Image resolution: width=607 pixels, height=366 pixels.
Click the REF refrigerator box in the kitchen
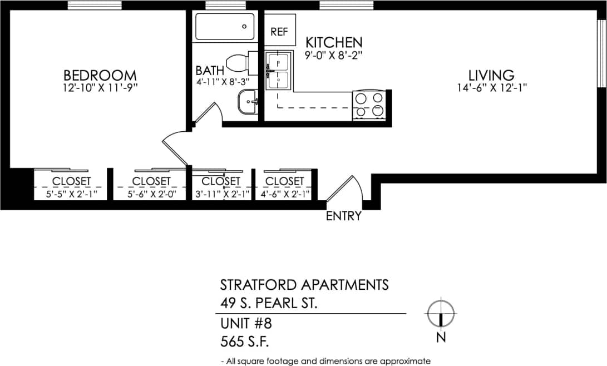pyautogui.click(x=279, y=32)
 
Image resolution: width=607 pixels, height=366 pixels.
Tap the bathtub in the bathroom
pyautogui.click(x=224, y=27)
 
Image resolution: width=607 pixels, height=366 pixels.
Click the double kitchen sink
pyautogui.click(x=278, y=71)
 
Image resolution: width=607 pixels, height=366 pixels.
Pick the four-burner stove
pyautogui.click(x=369, y=105)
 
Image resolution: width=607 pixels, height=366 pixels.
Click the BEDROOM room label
pyautogui.click(x=100, y=75)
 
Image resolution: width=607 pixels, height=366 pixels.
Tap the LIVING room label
pyautogui.click(x=490, y=75)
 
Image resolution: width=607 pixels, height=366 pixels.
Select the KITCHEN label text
pyautogui.click(x=334, y=42)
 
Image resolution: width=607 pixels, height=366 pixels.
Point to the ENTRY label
pyautogui.click(x=343, y=216)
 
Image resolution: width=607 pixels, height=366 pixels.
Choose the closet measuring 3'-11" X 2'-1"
pyautogui.click(x=221, y=187)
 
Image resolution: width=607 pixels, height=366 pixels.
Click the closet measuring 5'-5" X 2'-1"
pyautogui.click(x=71, y=187)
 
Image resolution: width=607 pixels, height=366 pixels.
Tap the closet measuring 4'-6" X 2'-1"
pyautogui.click(x=284, y=187)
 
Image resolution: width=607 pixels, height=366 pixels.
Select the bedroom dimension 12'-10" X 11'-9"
pyautogui.click(x=100, y=87)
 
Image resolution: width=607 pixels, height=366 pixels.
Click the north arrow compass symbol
pyautogui.click(x=441, y=314)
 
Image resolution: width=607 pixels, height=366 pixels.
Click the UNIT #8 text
pyautogui.click(x=245, y=323)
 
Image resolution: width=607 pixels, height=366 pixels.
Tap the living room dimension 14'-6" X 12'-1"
pyautogui.click(x=490, y=87)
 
